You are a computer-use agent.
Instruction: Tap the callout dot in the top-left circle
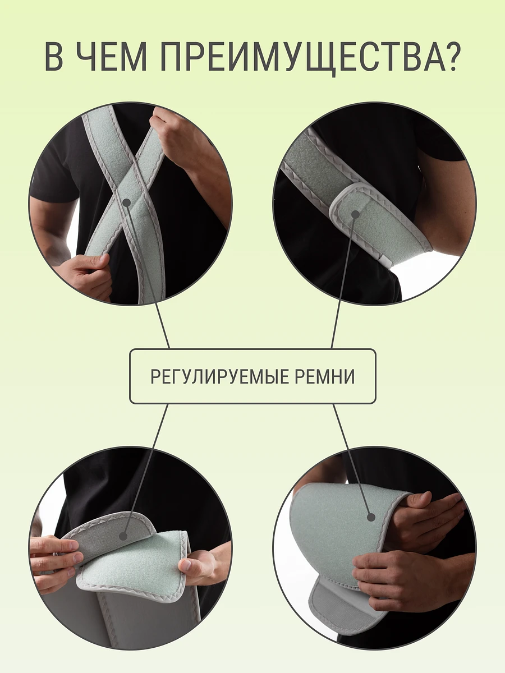[x=127, y=202]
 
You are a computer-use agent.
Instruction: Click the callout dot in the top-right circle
[x=355, y=214]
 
